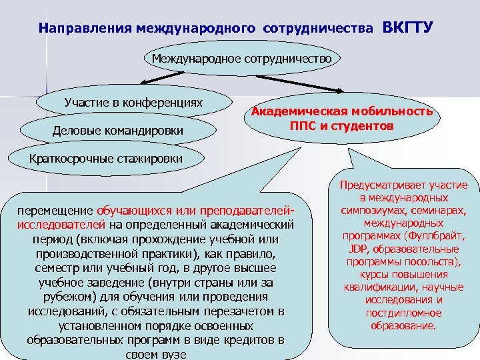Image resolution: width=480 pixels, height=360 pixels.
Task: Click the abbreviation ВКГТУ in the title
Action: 408,28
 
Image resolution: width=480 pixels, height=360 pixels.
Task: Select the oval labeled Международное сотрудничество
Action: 241,59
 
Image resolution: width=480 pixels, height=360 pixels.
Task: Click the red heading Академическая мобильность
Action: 342,111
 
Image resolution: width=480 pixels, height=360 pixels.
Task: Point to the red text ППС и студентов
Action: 342,125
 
